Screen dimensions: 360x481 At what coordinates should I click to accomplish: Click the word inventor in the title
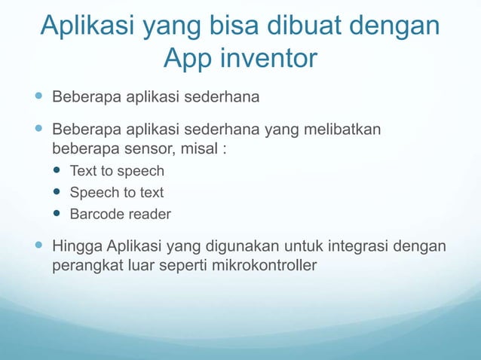(261, 57)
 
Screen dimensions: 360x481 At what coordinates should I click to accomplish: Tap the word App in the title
(183, 57)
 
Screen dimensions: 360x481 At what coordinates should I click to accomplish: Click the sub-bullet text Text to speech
(117, 171)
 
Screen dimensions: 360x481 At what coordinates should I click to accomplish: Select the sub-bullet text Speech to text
(117, 193)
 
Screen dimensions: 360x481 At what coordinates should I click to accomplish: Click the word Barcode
(96, 215)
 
